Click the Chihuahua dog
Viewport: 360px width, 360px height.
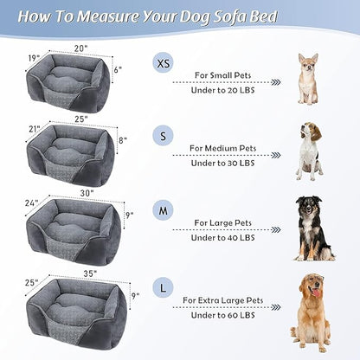click(307, 79)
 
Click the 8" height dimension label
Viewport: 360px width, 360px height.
click(123, 138)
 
